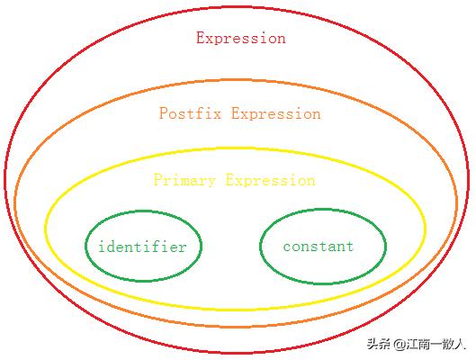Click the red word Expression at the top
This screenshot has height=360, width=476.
[241, 38]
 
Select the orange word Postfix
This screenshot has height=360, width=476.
[191, 112]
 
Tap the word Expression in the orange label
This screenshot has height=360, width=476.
[276, 113]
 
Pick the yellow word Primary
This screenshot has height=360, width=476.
[184, 180]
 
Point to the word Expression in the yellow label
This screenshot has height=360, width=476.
[271, 180]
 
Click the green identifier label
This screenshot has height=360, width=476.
[142, 247]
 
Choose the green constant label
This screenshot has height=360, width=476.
[319, 246]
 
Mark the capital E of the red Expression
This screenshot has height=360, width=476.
[201, 38]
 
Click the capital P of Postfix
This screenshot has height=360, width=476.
[164, 112]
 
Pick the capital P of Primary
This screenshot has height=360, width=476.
[158, 179]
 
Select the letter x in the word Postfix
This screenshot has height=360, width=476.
[217, 114]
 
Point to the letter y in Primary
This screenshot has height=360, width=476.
[211, 182]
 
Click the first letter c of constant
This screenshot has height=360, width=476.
[287, 247]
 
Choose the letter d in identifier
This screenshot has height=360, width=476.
[111, 247]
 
